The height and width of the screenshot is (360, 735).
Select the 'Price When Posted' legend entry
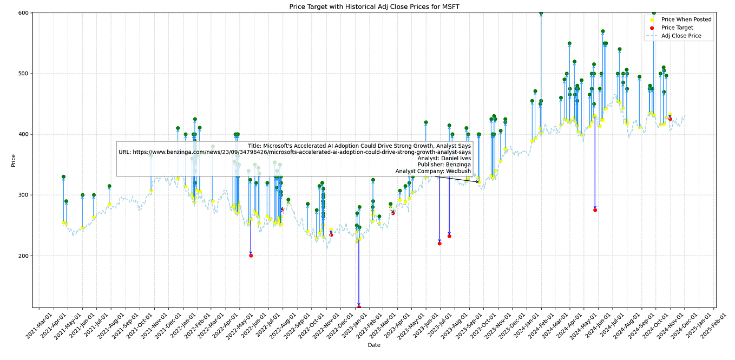(686, 19)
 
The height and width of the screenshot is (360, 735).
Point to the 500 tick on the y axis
(24, 73)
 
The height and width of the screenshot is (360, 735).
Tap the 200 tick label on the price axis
(24, 256)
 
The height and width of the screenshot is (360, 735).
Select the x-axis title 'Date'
(374, 345)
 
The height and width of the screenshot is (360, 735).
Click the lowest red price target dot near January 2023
(359, 307)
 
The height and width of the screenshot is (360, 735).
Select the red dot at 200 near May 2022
(251, 256)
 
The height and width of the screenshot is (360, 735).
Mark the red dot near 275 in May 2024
(595, 210)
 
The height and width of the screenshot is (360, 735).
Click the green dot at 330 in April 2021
(63, 176)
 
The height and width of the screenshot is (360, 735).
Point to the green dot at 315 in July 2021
(109, 186)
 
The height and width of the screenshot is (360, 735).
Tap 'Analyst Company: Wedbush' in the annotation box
(432, 171)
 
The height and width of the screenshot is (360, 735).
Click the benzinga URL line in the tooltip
(294, 152)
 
